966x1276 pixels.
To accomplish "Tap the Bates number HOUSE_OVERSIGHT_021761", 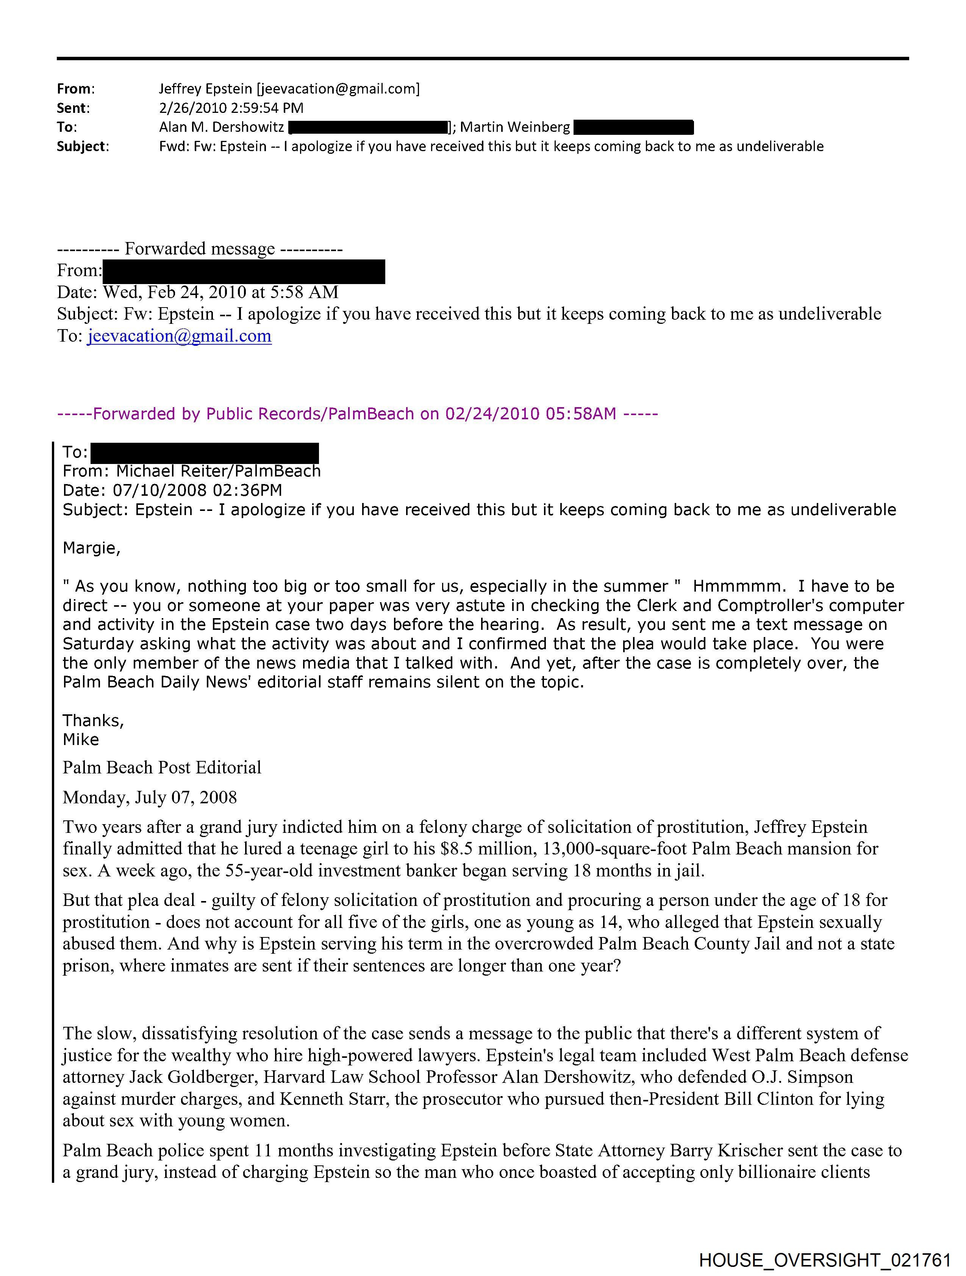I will (825, 1260).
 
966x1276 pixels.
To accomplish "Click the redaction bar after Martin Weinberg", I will (634, 127).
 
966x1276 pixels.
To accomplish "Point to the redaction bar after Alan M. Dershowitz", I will (368, 127).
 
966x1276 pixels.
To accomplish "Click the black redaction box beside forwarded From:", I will (244, 271).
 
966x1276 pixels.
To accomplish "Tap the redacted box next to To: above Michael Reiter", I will (205, 452).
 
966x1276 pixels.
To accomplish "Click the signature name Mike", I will (81, 740).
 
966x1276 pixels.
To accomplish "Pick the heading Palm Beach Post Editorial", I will (162, 767).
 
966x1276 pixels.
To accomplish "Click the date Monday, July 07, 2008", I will (150, 797).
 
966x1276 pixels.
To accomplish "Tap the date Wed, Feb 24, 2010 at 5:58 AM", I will (221, 292).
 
